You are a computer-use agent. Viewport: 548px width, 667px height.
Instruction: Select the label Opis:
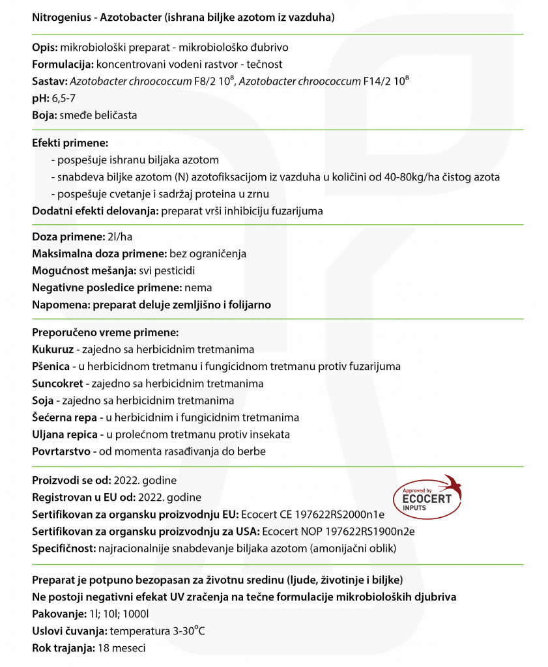(x=44, y=48)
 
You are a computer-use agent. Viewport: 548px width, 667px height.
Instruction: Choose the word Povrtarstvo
(x=61, y=451)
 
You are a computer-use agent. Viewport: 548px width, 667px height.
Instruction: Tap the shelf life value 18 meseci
(x=121, y=648)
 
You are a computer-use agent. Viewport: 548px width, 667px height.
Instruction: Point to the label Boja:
(x=44, y=115)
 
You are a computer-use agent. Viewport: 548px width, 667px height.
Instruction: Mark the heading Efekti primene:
(x=70, y=143)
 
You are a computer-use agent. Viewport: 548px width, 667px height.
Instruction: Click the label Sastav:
(x=50, y=81)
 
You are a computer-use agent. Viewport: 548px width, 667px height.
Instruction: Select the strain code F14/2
(x=375, y=81)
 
